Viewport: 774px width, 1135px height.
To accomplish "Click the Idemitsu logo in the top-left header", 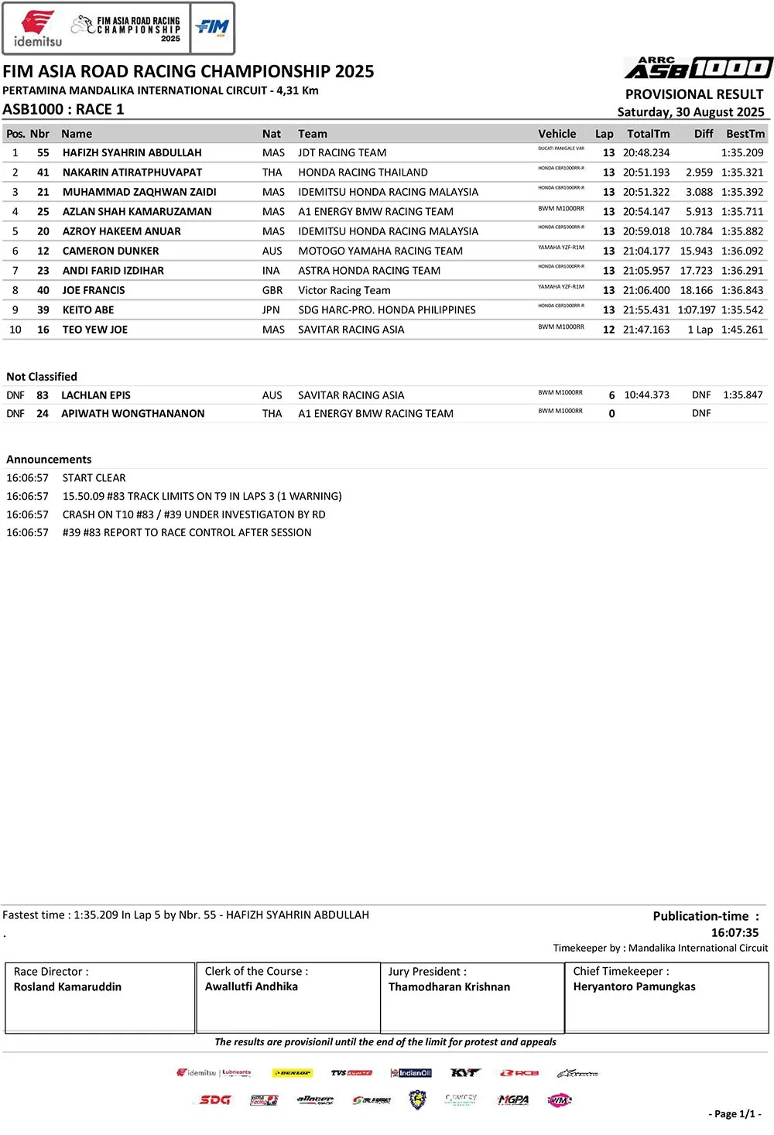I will [x=36, y=29].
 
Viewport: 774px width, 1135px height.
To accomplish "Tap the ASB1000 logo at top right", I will [x=698, y=68].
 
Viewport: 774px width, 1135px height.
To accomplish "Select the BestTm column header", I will [x=745, y=134].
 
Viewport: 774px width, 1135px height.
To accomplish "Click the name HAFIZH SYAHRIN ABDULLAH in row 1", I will [x=132, y=153].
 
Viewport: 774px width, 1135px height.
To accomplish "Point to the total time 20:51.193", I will [x=646, y=173].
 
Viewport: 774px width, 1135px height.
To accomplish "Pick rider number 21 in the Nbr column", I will [x=43, y=192].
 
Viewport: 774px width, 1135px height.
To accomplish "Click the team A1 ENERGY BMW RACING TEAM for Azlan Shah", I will [x=375, y=211].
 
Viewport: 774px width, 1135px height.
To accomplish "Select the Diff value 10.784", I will [x=696, y=231].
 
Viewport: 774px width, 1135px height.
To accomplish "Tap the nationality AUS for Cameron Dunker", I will [x=272, y=251].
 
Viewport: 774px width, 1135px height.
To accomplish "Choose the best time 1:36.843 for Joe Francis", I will [x=741, y=290].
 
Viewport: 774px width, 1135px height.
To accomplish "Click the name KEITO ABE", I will [x=88, y=310].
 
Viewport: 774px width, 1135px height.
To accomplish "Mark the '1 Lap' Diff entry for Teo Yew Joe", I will [x=700, y=330].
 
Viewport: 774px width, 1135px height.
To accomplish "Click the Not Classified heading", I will [x=42, y=377].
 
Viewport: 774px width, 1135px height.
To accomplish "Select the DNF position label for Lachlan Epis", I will [x=15, y=395].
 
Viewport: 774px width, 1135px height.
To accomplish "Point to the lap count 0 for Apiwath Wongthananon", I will [x=611, y=414].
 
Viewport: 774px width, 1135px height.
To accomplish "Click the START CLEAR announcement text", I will [x=94, y=478].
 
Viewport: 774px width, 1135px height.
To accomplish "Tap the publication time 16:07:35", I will [x=735, y=932].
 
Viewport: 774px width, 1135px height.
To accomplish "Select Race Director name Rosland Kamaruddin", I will [x=67, y=987].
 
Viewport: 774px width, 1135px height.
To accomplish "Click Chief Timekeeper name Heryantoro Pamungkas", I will [x=634, y=986].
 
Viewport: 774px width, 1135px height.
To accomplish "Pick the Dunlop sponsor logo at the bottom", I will [x=292, y=1073].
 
